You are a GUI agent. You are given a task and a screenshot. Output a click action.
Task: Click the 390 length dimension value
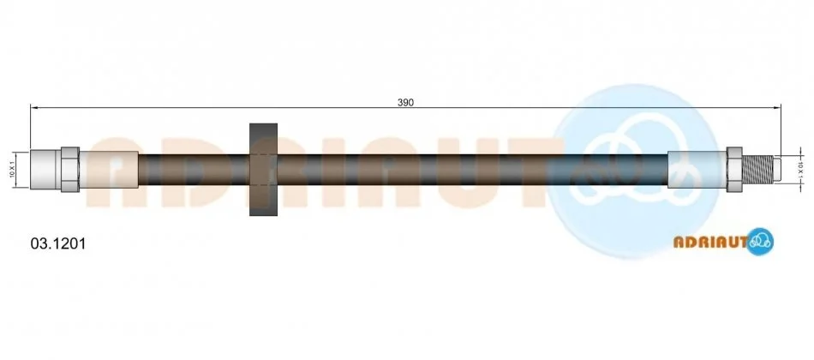(405, 103)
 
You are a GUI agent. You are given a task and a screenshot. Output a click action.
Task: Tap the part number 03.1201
(58, 243)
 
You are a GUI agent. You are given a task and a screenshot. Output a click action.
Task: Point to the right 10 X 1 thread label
(800, 170)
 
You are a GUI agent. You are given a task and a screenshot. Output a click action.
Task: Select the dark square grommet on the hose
(263, 170)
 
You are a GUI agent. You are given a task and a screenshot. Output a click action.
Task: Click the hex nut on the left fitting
(70, 170)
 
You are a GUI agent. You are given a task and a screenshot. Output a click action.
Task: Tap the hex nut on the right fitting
(734, 170)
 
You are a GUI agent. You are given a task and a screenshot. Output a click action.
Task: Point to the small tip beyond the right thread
(778, 170)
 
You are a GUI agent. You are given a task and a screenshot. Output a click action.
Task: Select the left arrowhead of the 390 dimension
(33, 107)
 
